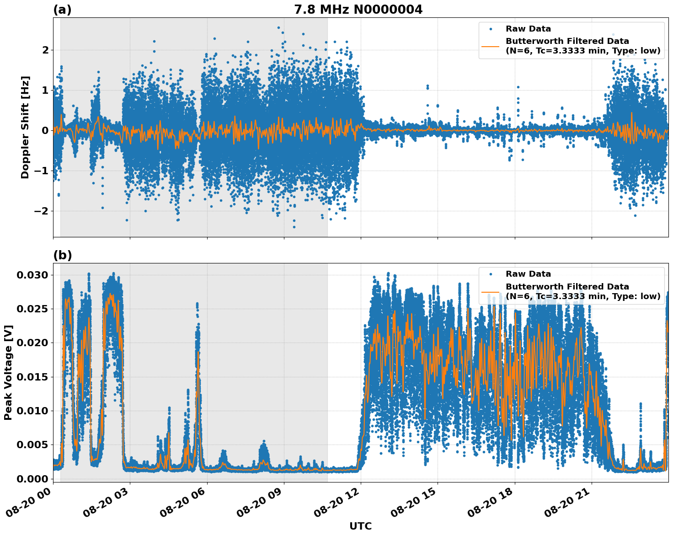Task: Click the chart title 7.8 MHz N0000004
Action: coord(358,9)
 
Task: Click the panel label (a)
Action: coord(62,10)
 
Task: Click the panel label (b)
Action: coord(62,255)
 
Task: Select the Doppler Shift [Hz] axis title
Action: coord(25,127)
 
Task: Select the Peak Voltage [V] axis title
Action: coord(8,372)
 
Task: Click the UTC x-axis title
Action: coord(360,526)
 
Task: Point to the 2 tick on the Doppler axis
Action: coord(45,50)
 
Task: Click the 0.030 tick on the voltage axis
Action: coord(32,275)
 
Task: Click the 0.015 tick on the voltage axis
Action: coord(32,377)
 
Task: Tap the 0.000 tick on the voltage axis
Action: coord(32,479)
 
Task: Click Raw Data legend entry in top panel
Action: coord(528,29)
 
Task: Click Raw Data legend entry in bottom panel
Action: coord(528,274)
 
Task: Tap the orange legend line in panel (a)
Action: coord(491,46)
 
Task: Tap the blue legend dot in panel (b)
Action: coord(491,274)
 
